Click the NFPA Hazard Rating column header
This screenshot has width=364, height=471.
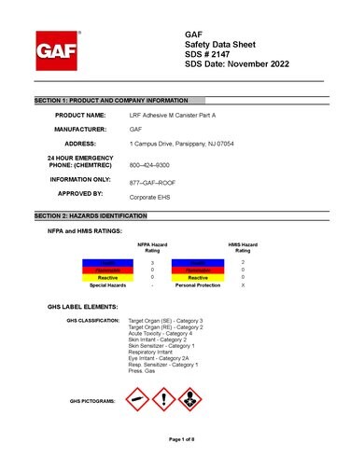click(x=152, y=247)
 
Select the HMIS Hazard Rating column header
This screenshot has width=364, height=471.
click(x=243, y=247)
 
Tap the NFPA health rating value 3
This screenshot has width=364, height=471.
click(x=152, y=264)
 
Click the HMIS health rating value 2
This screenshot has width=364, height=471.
click(x=243, y=264)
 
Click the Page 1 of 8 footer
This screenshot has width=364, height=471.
click(x=181, y=438)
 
